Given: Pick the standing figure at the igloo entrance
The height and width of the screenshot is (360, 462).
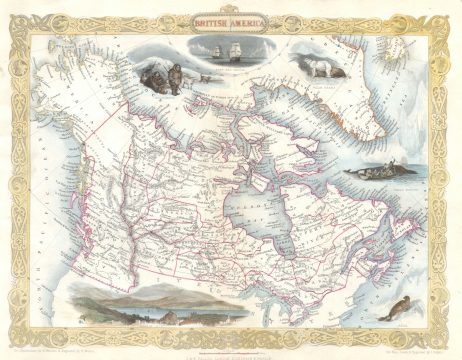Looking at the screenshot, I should tap(176, 83).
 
